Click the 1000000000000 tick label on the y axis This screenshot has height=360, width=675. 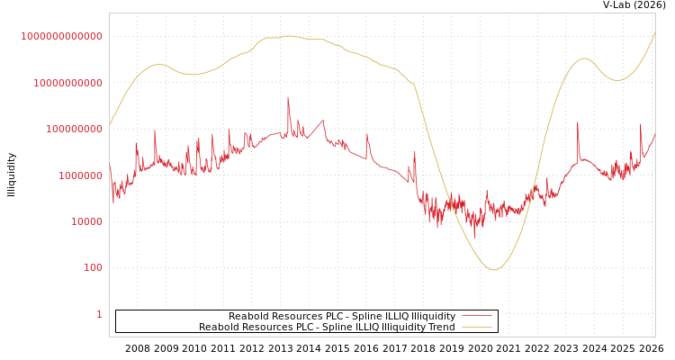[62, 36]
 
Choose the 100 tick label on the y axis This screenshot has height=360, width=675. [94, 267]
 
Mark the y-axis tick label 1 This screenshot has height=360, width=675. [99, 314]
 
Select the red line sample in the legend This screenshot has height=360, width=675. [477, 317]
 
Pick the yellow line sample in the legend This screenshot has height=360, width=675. [477, 328]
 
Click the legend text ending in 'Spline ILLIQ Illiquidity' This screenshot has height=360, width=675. [341, 317]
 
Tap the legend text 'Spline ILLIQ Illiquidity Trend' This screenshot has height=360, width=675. [327, 328]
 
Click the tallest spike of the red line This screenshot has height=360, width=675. [288, 97]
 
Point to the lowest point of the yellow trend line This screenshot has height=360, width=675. [492, 269]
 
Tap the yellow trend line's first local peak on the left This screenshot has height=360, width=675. [159, 64]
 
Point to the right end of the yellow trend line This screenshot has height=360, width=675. [654, 32]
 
